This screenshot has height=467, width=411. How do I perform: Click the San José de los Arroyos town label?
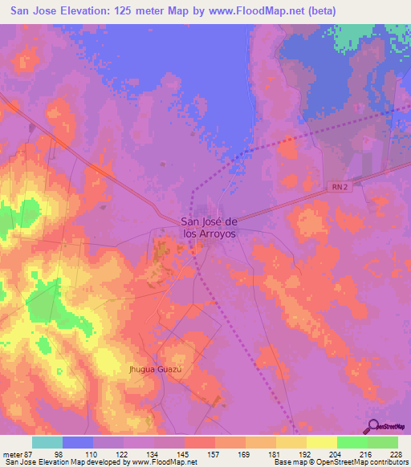(209, 228)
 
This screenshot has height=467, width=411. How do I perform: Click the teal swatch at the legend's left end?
(47, 442)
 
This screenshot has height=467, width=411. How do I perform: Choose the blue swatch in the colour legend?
(78, 442)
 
